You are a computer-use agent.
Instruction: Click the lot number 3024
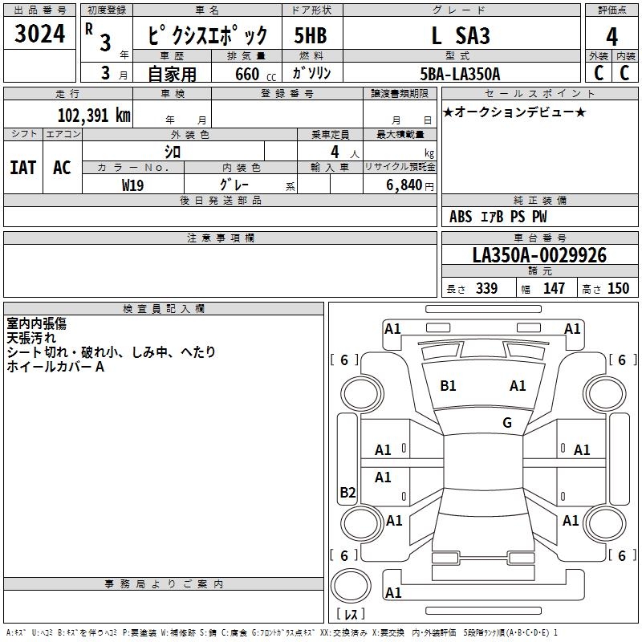tap(39, 34)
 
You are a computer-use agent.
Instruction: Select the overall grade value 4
tap(612, 37)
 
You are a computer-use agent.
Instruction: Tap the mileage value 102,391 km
tap(94, 116)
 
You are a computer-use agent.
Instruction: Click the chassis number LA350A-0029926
tap(539, 255)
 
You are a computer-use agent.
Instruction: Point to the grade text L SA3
tap(461, 35)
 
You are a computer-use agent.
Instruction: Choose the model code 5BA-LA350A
tap(460, 74)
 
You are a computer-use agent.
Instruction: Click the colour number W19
tap(132, 185)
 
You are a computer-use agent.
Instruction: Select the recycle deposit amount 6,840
tap(404, 185)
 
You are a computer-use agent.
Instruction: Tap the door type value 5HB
tap(311, 35)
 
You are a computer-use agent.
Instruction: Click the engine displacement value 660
tap(247, 74)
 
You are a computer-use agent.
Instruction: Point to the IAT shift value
tap(22, 168)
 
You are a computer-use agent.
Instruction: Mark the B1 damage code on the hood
tap(448, 386)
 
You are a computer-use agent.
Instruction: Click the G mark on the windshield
tap(507, 422)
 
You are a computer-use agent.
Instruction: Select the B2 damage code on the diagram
tap(347, 492)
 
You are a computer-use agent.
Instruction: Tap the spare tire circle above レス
tap(351, 586)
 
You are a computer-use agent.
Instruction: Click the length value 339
tap(486, 288)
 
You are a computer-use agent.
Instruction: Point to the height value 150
tap(618, 288)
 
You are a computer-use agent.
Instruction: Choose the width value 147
tap(554, 288)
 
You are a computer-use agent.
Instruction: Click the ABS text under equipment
tap(461, 217)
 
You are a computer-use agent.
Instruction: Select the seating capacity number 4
tap(335, 152)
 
